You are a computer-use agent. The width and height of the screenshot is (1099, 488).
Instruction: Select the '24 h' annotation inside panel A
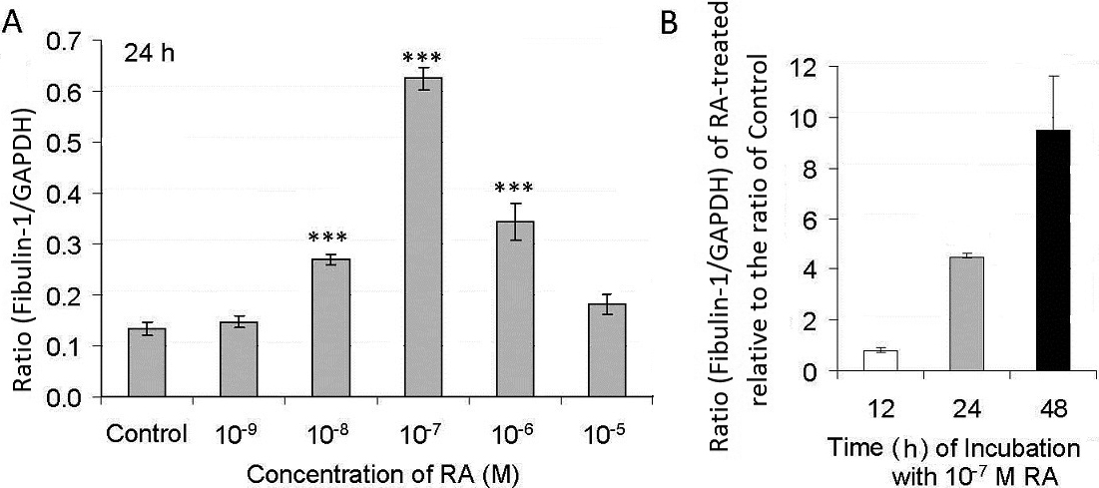148,54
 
